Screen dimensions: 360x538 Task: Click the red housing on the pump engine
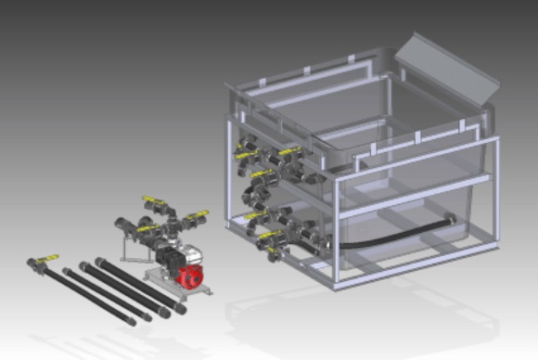190,276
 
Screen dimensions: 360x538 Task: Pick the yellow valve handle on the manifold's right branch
196,217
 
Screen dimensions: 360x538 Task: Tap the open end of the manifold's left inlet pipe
121,224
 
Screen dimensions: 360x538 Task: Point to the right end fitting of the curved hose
449,220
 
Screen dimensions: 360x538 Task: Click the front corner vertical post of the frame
336,232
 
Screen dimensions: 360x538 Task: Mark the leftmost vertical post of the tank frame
228,167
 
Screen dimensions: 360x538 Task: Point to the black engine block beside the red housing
168,260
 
